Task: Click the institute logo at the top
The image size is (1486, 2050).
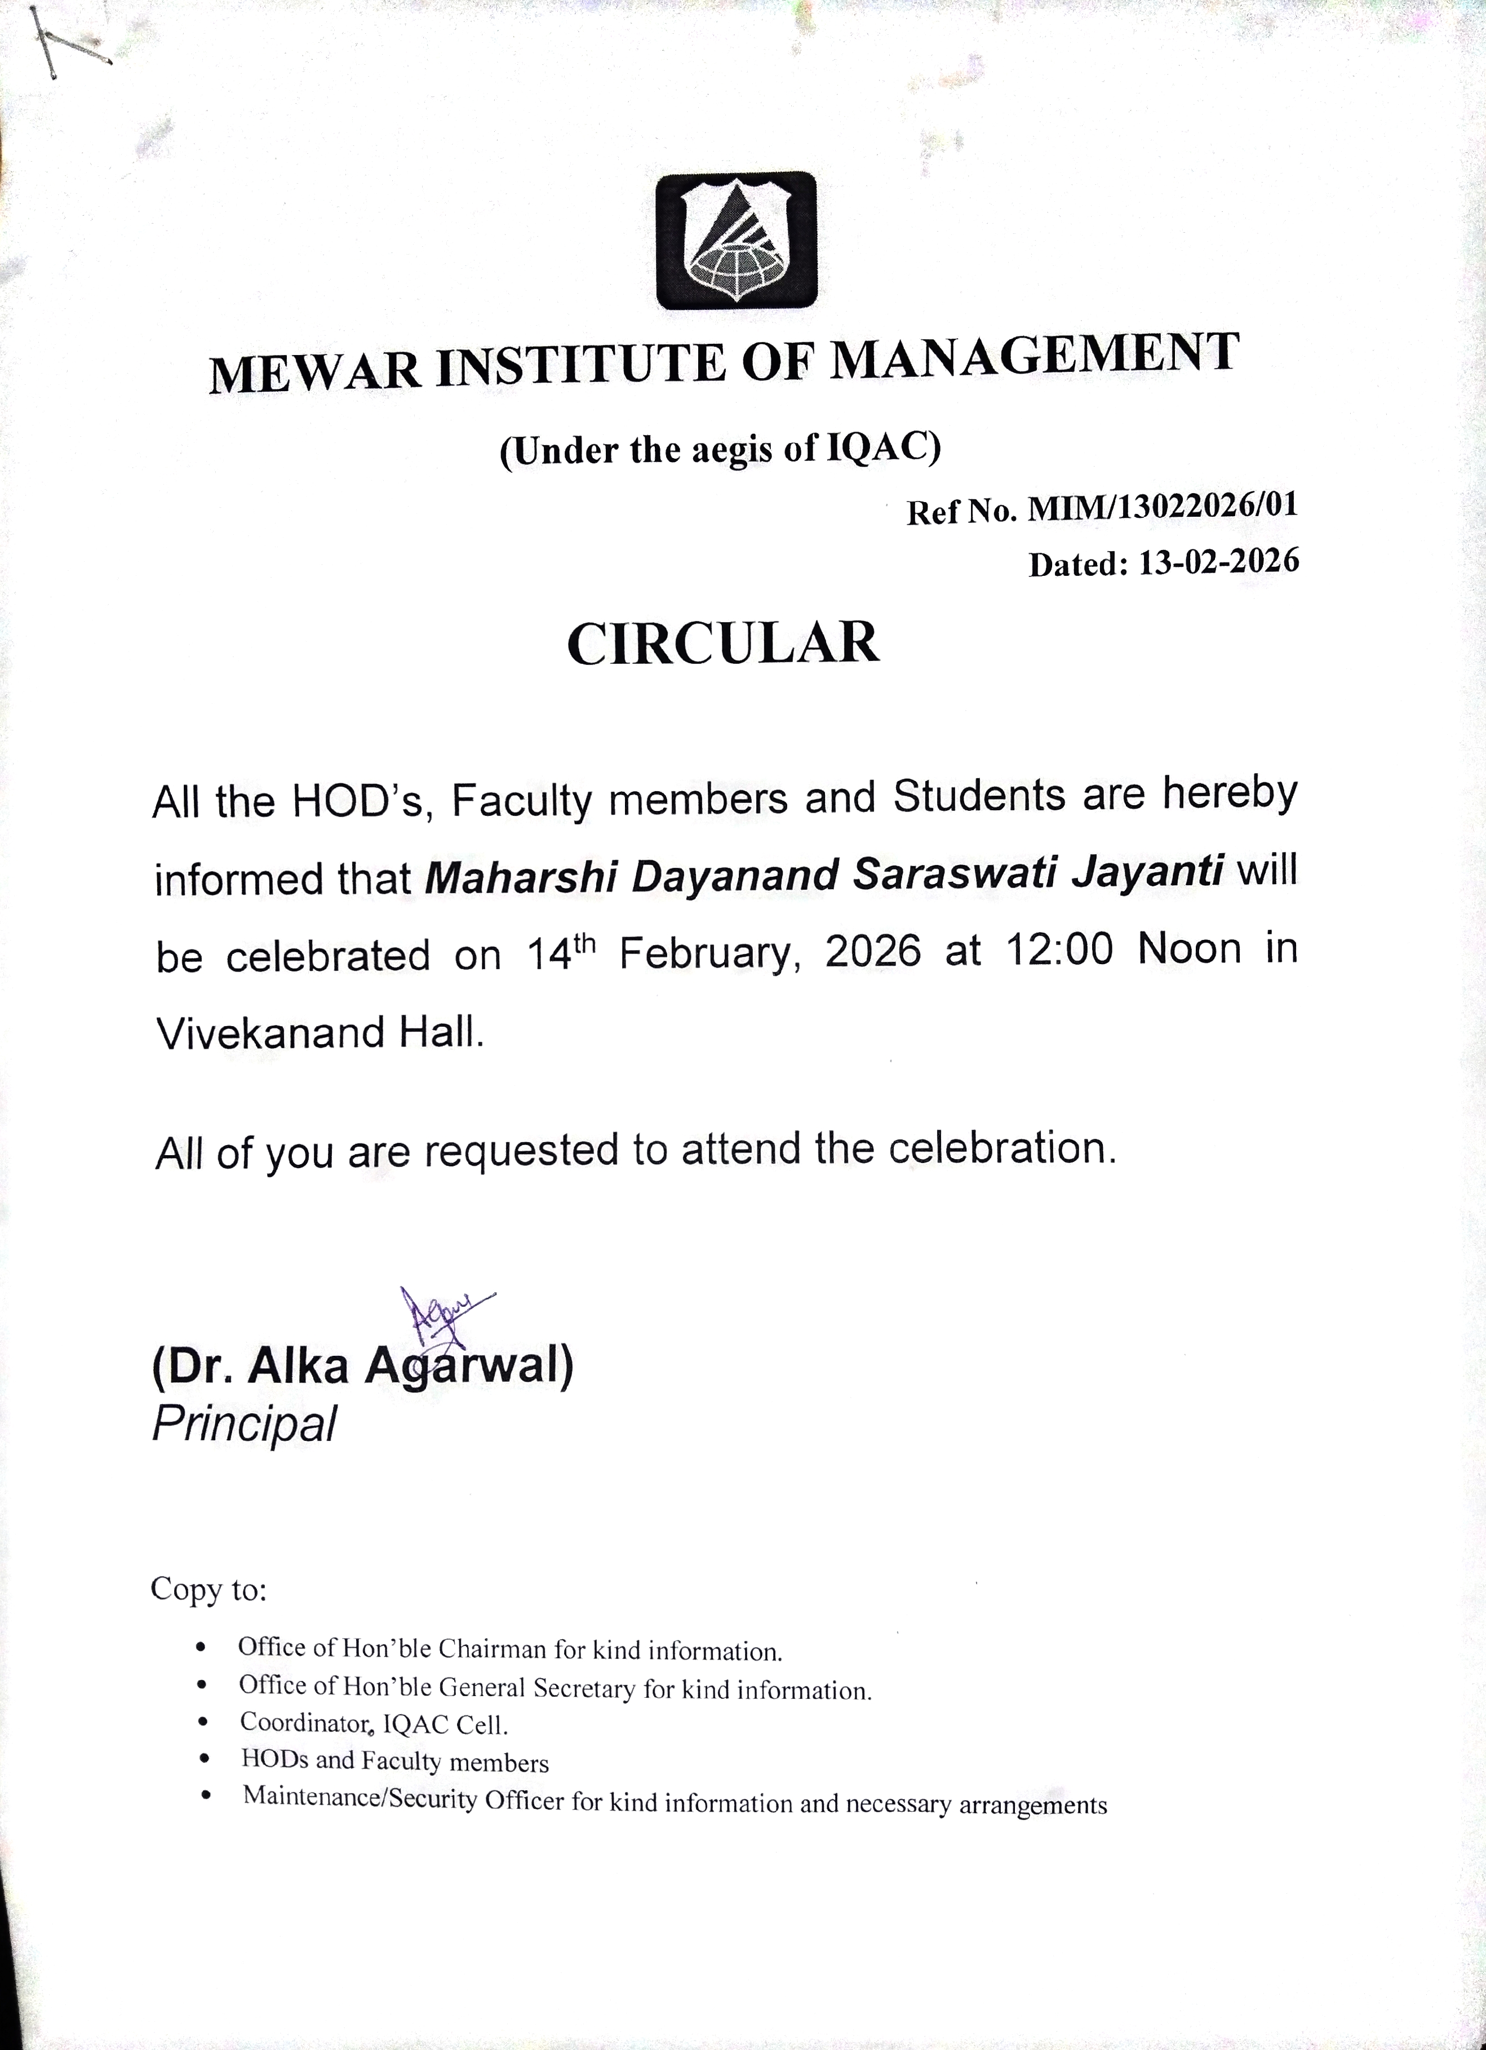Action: click(736, 241)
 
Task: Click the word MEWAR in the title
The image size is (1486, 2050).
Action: click(314, 371)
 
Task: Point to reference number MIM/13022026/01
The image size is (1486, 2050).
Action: click(1163, 507)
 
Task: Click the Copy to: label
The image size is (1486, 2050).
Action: click(209, 1589)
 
